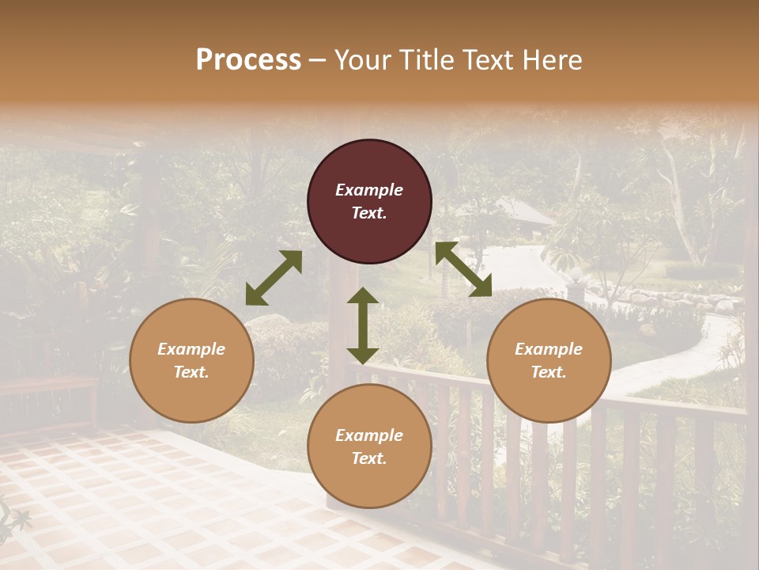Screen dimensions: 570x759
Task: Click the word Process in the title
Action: click(248, 59)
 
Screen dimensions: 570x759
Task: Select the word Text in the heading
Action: click(488, 59)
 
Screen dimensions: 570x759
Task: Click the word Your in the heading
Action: click(363, 59)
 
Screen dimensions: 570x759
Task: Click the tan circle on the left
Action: click(191, 360)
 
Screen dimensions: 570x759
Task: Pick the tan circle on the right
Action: click(549, 360)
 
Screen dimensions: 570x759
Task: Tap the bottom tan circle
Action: click(369, 446)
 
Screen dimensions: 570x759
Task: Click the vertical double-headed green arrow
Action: click(363, 325)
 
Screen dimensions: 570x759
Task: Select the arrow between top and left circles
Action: click(274, 278)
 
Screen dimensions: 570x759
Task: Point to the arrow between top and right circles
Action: click(463, 269)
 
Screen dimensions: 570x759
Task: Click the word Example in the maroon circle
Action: click(369, 190)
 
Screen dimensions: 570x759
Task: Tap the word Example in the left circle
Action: click(191, 349)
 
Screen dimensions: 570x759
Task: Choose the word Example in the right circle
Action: click(549, 349)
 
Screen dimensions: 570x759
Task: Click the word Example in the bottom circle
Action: click(369, 435)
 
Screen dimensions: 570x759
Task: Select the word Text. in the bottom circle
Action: click(369, 458)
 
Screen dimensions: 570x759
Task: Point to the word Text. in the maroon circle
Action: click(369, 213)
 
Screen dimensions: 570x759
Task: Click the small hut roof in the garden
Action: click(523, 212)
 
